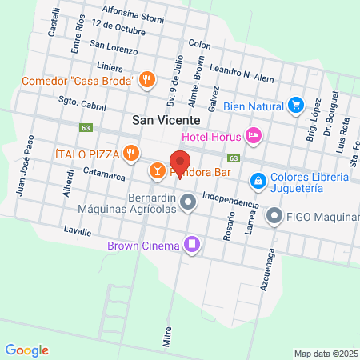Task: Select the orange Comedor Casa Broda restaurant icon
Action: (x=146, y=80)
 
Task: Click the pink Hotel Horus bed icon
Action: (x=254, y=135)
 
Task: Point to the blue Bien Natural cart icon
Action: (x=296, y=105)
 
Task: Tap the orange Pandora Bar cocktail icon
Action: (x=158, y=170)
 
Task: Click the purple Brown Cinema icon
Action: (x=191, y=244)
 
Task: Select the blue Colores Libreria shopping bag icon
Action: (x=258, y=182)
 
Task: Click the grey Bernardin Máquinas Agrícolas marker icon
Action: (x=188, y=203)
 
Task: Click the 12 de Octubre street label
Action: (x=118, y=27)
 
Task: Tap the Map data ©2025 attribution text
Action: (x=326, y=353)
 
